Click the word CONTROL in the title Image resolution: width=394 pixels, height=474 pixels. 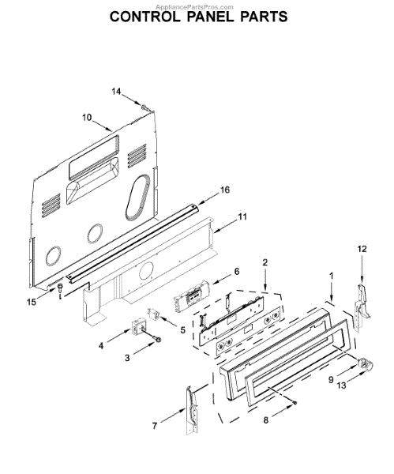144,17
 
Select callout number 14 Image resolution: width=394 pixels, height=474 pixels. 116,92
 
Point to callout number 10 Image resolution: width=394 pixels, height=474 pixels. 87,117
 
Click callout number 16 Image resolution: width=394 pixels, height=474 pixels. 225,190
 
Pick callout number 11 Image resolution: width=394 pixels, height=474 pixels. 242,216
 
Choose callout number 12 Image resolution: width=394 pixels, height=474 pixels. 362,249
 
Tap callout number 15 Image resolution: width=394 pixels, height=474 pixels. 32,302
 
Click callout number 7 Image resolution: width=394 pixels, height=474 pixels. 155,426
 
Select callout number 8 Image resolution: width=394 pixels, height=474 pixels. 266,420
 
